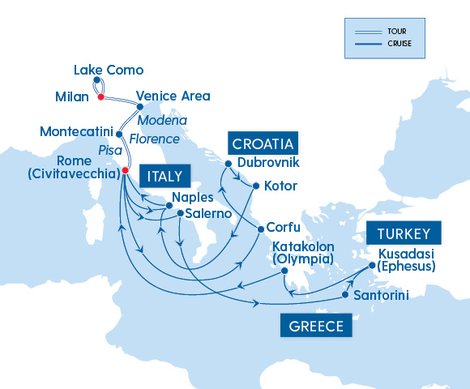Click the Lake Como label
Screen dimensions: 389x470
[x=108, y=70]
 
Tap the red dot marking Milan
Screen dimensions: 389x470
[x=100, y=97]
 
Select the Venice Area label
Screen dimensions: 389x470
[x=173, y=96]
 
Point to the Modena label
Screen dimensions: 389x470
[x=162, y=121]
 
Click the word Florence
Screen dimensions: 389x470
[x=154, y=139]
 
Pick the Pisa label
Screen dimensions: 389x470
[x=109, y=151]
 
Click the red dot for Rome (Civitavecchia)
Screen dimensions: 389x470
[x=125, y=170]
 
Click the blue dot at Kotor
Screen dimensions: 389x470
[x=256, y=186]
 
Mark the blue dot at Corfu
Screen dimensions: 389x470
[x=260, y=229]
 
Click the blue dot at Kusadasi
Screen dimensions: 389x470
[x=372, y=265]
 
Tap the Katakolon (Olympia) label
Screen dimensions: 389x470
[x=303, y=252]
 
